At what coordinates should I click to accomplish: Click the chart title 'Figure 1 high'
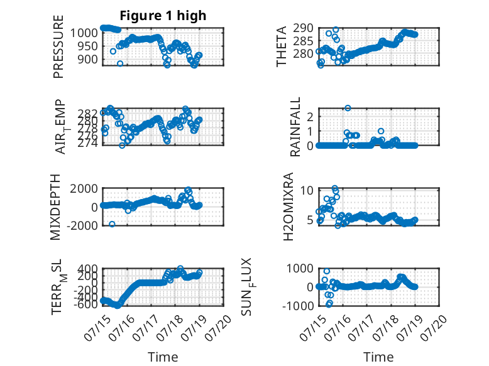[163, 16]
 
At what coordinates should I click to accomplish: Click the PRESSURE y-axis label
[58, 46]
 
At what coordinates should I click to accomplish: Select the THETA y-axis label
[282, 46]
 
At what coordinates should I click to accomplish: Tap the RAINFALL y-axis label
[295, 127]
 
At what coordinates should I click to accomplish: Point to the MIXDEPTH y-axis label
[55, 207]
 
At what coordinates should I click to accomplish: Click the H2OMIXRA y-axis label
[288, 207]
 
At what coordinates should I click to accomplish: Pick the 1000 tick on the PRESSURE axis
[84, 33]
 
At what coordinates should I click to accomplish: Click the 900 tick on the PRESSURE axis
[87, 59]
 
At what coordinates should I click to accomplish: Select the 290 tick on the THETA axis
[304, 28]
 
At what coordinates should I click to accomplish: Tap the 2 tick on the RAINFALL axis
[310, 117]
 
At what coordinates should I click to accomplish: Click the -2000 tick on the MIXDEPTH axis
[82, 225]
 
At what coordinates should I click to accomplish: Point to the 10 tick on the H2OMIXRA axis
[307, 190]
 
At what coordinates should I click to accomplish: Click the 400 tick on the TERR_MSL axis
[87, 268]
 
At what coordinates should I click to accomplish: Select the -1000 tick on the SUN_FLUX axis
[298, 306]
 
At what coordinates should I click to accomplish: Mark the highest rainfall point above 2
[348, 108]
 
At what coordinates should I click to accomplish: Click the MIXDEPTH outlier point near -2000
[112, 224]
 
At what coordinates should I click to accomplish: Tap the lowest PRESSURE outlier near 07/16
[120, 63]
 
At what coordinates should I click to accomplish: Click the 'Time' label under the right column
[378, 357]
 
